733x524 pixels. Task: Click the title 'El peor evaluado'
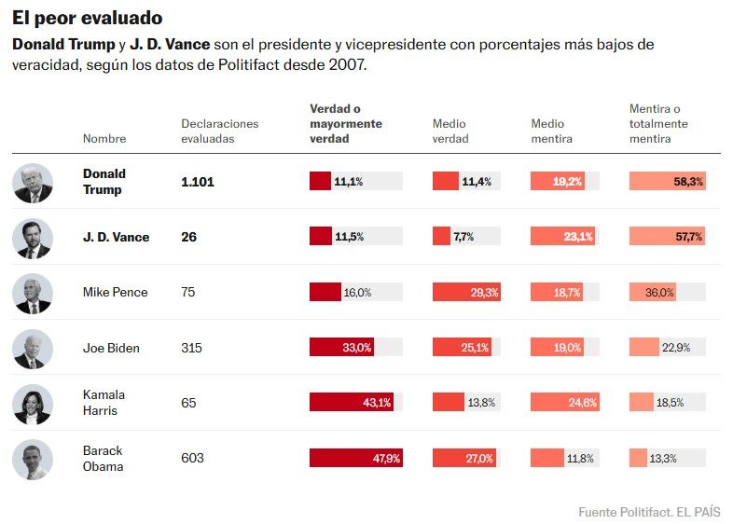point(88,19)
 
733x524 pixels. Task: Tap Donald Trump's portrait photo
point(33,183)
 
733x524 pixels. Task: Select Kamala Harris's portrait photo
point(33,405)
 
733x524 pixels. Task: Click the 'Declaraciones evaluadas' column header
point(220,131)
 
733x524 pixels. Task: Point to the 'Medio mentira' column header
point(552,131)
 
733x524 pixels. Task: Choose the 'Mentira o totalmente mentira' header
point(658,123)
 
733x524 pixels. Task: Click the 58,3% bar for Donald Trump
point(668,182)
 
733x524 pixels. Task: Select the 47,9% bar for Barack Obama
point(355,458)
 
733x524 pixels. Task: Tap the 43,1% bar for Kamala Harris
point(351,403)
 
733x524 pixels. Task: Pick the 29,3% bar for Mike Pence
point(466,292)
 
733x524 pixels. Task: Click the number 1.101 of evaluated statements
point(198,182)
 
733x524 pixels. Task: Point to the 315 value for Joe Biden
point(191,348)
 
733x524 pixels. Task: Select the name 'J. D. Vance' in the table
point(116,237)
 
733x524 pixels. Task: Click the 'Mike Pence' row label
point(115,292)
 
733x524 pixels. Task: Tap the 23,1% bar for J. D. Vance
point(563,237)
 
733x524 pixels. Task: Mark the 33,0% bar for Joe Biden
point(341,347)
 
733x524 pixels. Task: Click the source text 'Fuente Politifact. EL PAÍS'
point(649,512)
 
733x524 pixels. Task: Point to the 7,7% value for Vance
point(463,237)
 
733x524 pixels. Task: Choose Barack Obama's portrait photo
point(33,460)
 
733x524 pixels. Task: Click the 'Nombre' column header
point(104,138)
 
